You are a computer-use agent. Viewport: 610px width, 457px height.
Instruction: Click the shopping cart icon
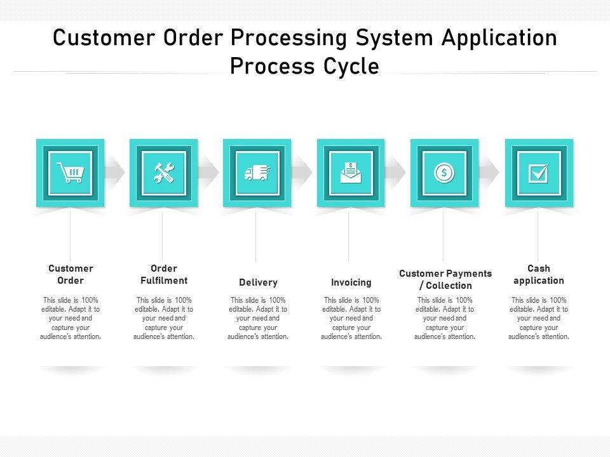click(x=70, y=173)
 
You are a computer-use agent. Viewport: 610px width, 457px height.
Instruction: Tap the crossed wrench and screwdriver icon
click(x=163, y=173)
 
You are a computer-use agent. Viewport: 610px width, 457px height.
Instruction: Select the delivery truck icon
click(x=257, y=173)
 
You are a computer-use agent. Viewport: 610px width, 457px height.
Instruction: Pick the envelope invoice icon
click(x=351, y=173)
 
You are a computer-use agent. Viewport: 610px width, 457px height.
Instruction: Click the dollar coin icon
click(x=444, y=173)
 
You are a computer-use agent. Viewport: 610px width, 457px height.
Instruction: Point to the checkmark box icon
click(x=538, y=173)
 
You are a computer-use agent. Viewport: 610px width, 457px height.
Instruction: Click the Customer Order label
click(x=71, y=274)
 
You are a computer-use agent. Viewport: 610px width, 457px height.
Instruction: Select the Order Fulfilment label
click(x=164, y=274)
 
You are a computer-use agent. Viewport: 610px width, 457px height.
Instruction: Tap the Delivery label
click(x=258, y=282)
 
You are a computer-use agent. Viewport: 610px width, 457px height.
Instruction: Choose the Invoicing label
click(x=351, y=282)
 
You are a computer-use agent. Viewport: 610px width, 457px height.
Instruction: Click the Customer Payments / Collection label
click(x=445, y=279)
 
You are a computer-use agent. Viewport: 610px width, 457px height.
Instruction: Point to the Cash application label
click(x=539, y=274)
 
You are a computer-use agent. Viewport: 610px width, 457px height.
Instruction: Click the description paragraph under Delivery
click(x=258, y=318)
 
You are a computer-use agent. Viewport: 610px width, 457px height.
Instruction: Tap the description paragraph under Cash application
click(x=539, y=318)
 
